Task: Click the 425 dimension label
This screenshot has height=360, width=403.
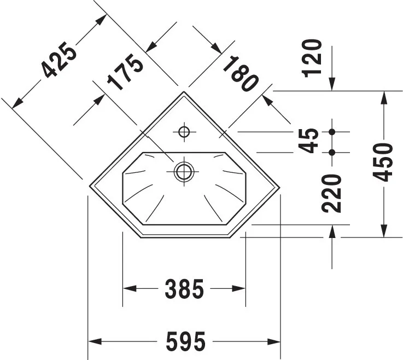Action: point(60,60)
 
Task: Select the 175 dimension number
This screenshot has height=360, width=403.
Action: point(125,72)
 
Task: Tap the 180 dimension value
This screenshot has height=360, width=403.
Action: point(240,74)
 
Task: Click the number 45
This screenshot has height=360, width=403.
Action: point(308,141)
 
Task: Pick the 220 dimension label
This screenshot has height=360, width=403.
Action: point(331,194)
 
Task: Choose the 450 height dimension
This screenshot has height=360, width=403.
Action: point(383,162)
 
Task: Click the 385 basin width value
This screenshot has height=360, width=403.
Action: point(184,289)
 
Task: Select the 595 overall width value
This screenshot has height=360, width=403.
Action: point(186,341)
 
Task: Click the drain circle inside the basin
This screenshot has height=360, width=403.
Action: point(184,171)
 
